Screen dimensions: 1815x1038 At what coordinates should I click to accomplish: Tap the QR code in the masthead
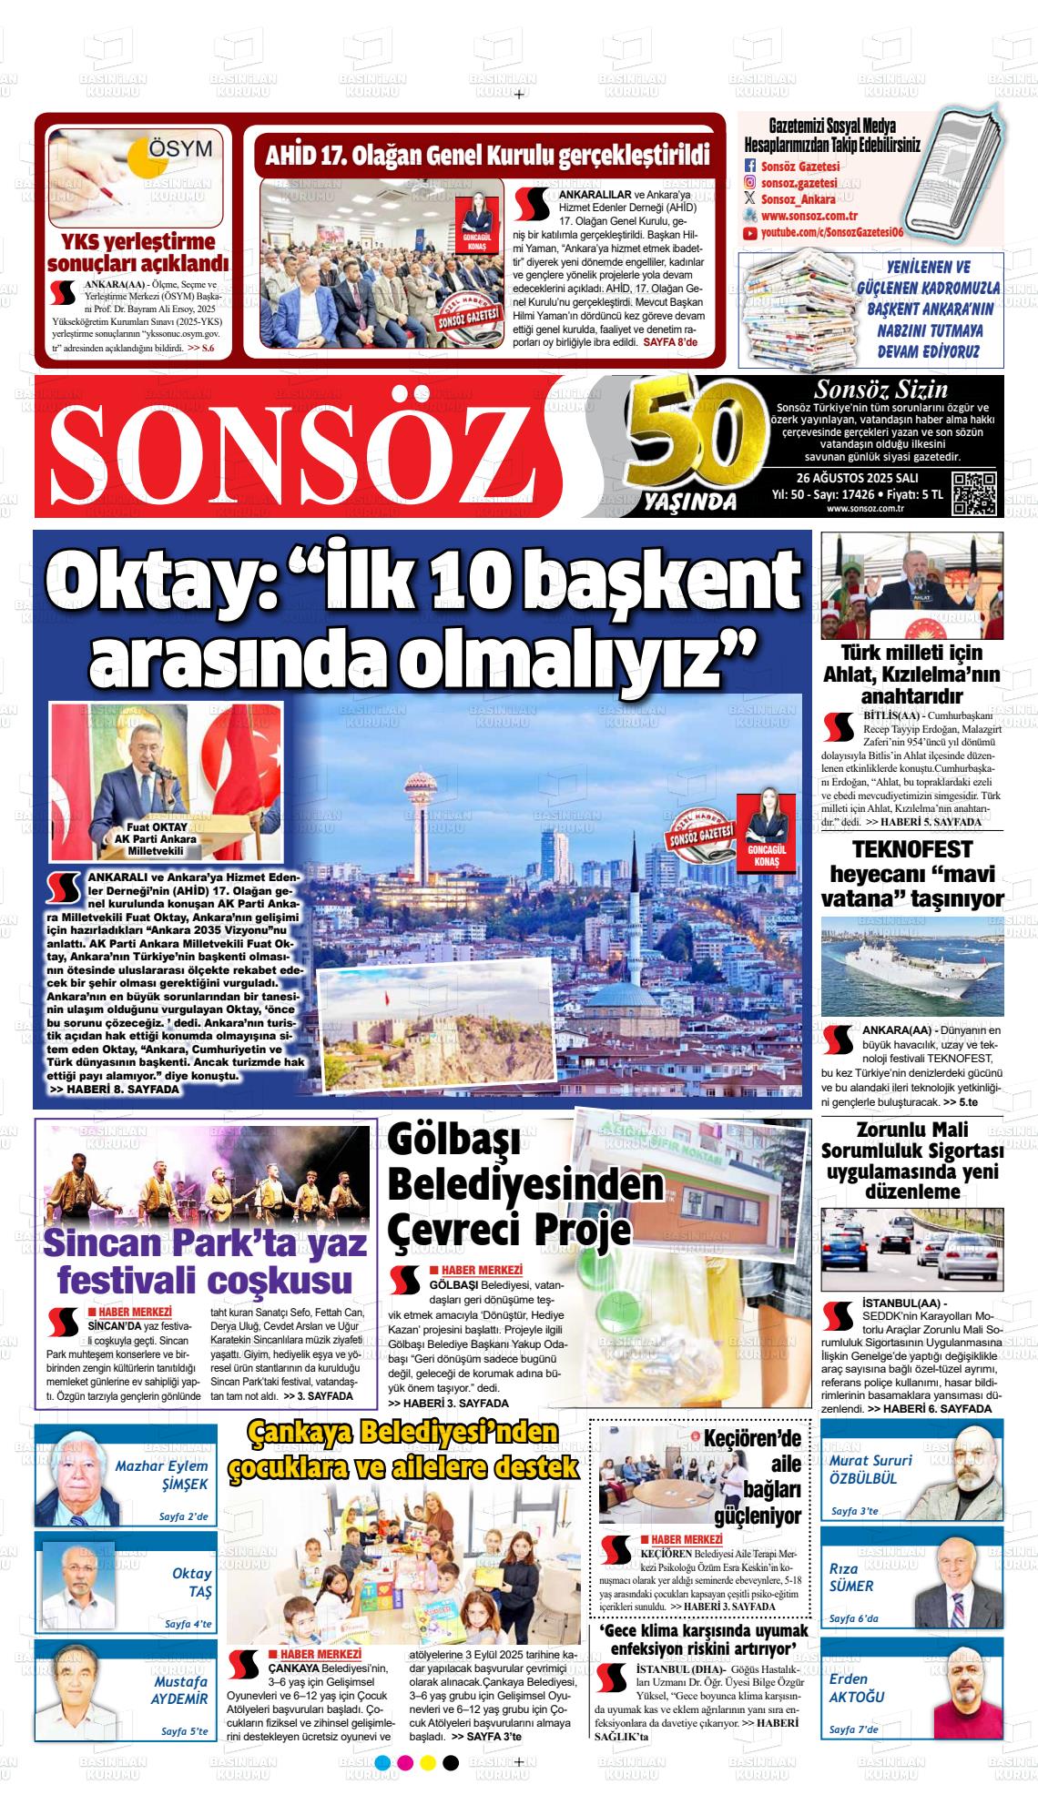pyautogui.click(x=973, y=493)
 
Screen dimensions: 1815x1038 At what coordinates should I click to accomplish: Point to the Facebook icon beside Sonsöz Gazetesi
pyautogui.click(x=750, y=167)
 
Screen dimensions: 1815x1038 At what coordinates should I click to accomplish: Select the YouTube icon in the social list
pyautogui.click(x=750, y=233)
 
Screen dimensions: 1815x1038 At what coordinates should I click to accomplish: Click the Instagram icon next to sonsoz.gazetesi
pyautogui.click(x=750, y=183)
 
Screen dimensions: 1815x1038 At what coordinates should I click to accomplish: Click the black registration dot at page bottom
pyautogui.click(x=450, y=1787)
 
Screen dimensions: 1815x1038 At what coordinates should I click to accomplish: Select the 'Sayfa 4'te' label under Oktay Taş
pyautogui.click(x=188, y=1623)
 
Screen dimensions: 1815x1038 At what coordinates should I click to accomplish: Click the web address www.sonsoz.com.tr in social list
pyautogui.click(x=809, y=217)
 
